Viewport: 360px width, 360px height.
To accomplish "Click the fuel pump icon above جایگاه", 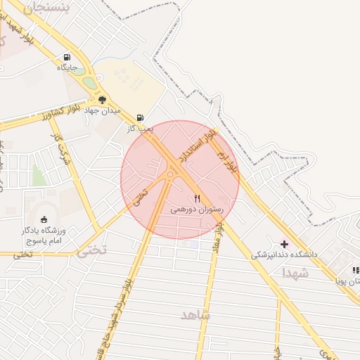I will (67, 58).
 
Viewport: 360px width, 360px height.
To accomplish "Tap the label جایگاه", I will (71, 68).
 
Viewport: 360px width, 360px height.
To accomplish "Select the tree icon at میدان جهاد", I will (103, 100).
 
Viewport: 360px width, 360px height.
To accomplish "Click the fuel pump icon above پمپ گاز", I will (141, 117).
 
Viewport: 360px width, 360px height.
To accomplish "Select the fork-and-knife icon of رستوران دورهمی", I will (197, 199).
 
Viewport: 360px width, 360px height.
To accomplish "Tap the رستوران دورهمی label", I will (197, 210).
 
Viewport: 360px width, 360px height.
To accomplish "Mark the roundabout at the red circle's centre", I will (171, 174).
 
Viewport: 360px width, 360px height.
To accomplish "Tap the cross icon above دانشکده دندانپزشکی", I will (284, 243).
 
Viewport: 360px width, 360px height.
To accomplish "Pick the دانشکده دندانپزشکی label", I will (285, 254).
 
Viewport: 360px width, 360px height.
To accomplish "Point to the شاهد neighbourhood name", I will (195, 314).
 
